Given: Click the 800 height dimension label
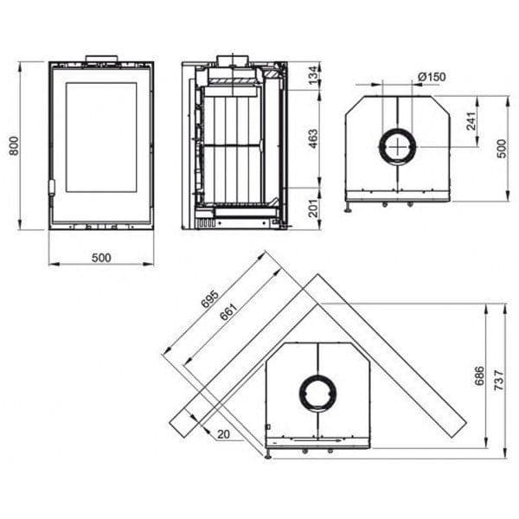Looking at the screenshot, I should [13, 146].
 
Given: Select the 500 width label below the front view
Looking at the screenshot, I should [101, 257].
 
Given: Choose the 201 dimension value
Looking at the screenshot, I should [313, 208].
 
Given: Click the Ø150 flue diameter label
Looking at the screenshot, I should [430, 77].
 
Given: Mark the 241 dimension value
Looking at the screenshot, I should [471, 120].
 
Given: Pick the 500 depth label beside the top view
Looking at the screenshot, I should [501, 148].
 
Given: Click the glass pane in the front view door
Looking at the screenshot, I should [101, 137].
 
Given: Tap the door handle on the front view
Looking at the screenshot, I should [52, 186].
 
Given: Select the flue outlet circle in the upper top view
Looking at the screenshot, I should [398, 145].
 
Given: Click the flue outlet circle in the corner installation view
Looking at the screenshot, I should [317, 394].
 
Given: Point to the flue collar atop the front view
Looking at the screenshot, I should [100, 60].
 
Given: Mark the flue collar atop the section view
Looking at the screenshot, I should [233, 60].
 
